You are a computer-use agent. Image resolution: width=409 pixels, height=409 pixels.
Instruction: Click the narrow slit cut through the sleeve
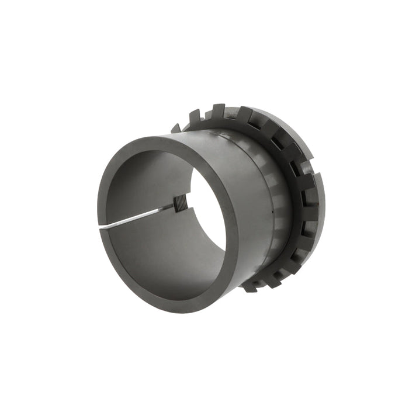(140, 216)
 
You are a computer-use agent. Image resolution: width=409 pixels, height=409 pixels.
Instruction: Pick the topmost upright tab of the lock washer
(218, 110)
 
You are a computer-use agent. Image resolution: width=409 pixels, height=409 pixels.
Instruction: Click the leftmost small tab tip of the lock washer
(175, 129)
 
